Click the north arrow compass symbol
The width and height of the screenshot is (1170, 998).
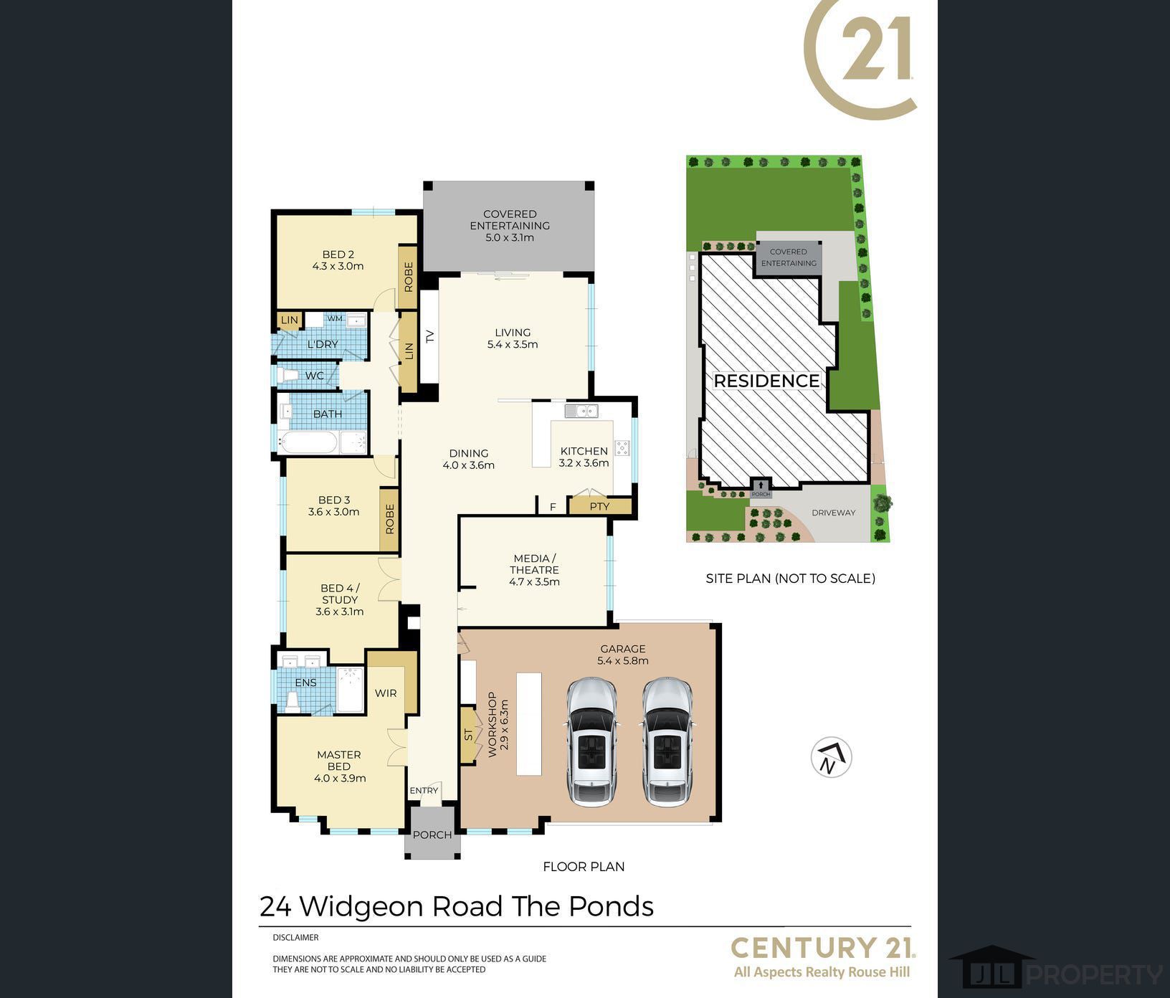(831, 757)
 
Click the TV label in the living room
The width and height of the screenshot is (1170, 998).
(430, 336)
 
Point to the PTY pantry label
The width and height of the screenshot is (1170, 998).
(599, 506)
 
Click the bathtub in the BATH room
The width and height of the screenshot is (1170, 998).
(308, 442)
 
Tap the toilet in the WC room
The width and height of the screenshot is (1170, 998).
(288, 375)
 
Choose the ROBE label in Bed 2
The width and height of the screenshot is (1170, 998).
(409, 277)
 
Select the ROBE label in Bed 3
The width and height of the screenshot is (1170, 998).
(390, 519)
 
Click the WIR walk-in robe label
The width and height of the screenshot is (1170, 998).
(386, 693)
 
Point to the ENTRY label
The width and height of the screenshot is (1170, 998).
(424, 791)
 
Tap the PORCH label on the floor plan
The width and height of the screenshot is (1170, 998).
(432, 835)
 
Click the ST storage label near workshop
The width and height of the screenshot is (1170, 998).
(469, 735)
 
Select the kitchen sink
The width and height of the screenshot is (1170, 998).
(581, 411)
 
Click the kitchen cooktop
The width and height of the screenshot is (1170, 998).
(622, 448)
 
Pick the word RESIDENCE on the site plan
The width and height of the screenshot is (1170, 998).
(766, 381)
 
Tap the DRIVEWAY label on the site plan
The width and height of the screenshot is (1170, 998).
(833, 513)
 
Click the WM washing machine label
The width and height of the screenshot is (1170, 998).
(335, 318)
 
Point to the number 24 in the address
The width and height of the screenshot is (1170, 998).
(275, 907)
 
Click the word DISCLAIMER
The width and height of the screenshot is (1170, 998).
(295, 937)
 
